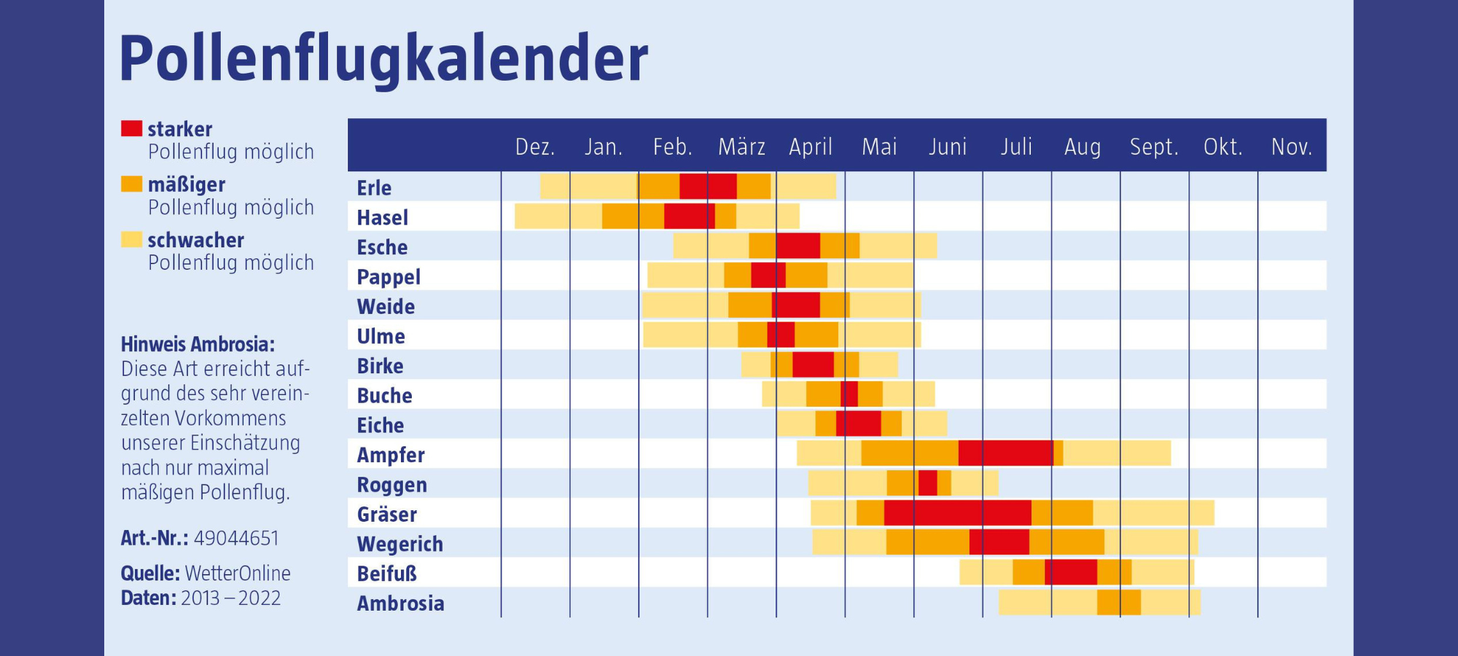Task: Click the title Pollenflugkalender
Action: tap(383, 58)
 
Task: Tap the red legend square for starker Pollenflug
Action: tap(131, 129)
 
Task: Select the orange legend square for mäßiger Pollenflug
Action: tap(131, 184)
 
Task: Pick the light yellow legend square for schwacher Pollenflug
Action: tap(131, 240)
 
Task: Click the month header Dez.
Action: tap(535, 147)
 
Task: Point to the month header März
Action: tap(741, 147)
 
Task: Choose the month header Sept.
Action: tap(1154, 147)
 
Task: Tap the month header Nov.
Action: tap(1291, 147)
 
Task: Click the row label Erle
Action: tap(374, 188)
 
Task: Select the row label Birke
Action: tap(380, 366)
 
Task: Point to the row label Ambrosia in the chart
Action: tap(400, 604)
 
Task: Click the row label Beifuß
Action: tap(386, 574)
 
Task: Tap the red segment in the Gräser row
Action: tap(957, 513)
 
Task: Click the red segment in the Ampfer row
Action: tap(1005, 453)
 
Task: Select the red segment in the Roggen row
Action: tap(927, 483)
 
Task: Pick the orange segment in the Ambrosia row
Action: tap(1118, 603)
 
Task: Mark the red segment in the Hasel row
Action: tap(689, 216)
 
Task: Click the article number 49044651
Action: tap(236, 539)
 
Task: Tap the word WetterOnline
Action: tap(238, 574)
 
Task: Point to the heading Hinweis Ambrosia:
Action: tap(198, 344)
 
